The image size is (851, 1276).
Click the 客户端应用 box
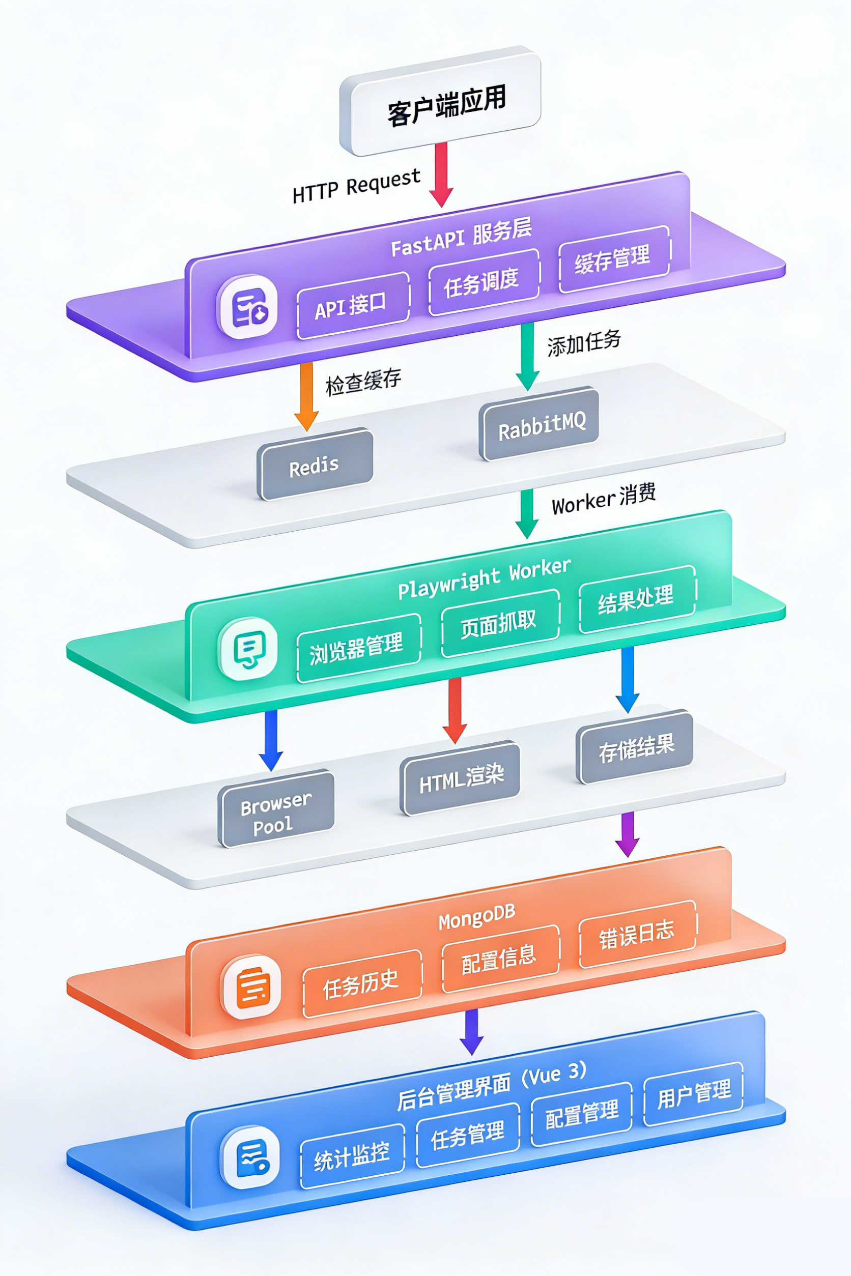[440, 102]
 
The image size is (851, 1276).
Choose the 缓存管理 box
[613, 259]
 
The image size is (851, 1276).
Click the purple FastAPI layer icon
[247, 307]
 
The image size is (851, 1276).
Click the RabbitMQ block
[540, 424]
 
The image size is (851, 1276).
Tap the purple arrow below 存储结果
[628, 834]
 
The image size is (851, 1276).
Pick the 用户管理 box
[693, 1093]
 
